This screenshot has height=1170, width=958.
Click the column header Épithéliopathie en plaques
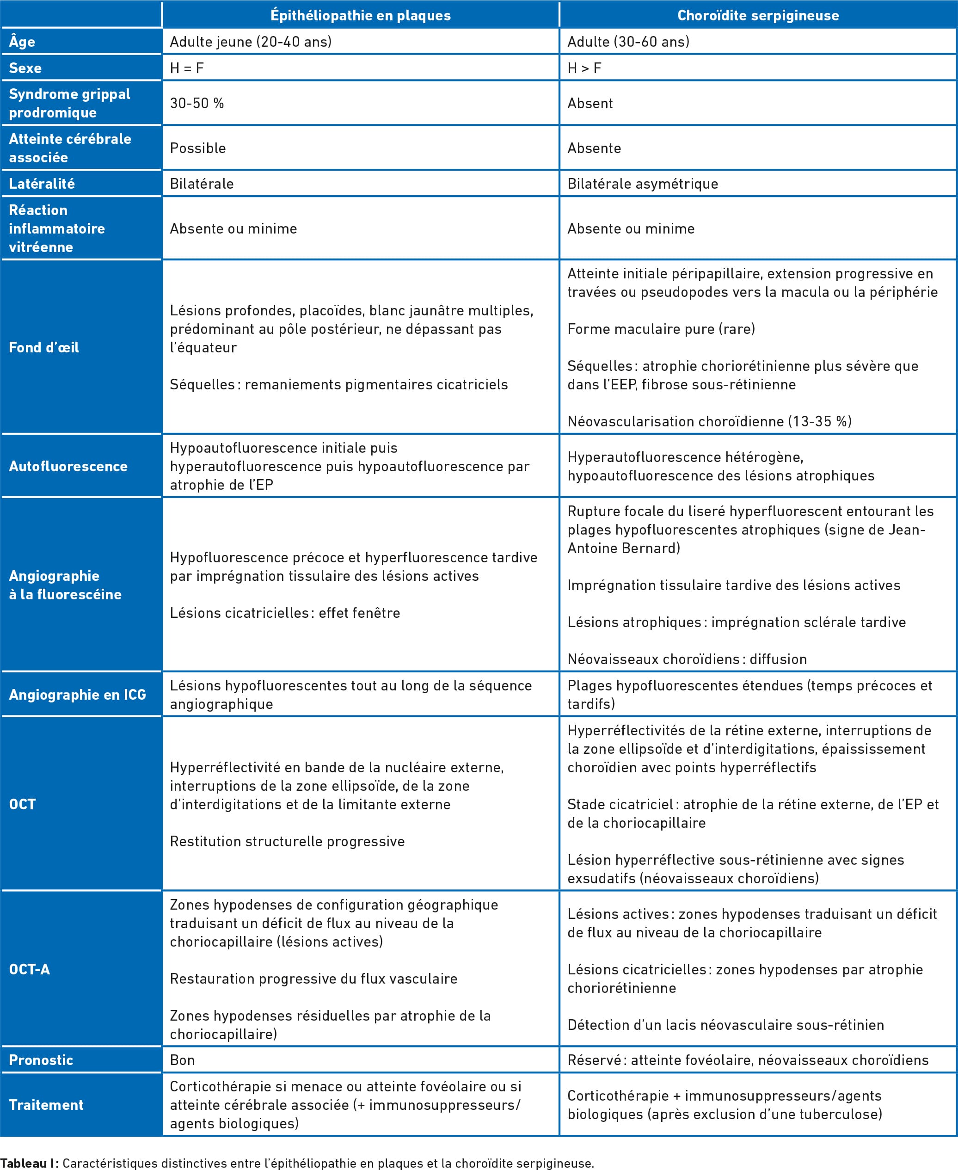360,15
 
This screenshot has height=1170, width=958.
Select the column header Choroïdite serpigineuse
758,15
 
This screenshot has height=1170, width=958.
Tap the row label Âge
22,42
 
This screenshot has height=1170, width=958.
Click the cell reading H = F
187,68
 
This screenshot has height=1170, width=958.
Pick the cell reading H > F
584,68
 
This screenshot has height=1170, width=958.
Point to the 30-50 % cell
197,103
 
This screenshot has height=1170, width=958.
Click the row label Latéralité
42,184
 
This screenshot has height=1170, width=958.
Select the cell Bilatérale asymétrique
642,184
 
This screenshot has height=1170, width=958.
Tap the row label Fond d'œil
44,347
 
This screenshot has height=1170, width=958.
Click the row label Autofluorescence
68,466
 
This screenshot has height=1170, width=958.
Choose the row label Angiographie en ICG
78,694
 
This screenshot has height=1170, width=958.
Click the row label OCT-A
30,969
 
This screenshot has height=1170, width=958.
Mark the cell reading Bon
182,1060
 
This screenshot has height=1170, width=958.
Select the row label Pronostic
42,1060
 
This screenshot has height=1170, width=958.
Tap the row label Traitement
46,1105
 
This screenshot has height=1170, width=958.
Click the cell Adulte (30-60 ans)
628,42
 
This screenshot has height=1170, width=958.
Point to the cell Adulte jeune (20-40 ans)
251,42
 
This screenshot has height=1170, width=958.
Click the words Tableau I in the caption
29,1163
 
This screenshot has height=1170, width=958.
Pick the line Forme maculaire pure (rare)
661,329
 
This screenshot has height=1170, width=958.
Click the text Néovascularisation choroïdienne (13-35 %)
709,421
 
